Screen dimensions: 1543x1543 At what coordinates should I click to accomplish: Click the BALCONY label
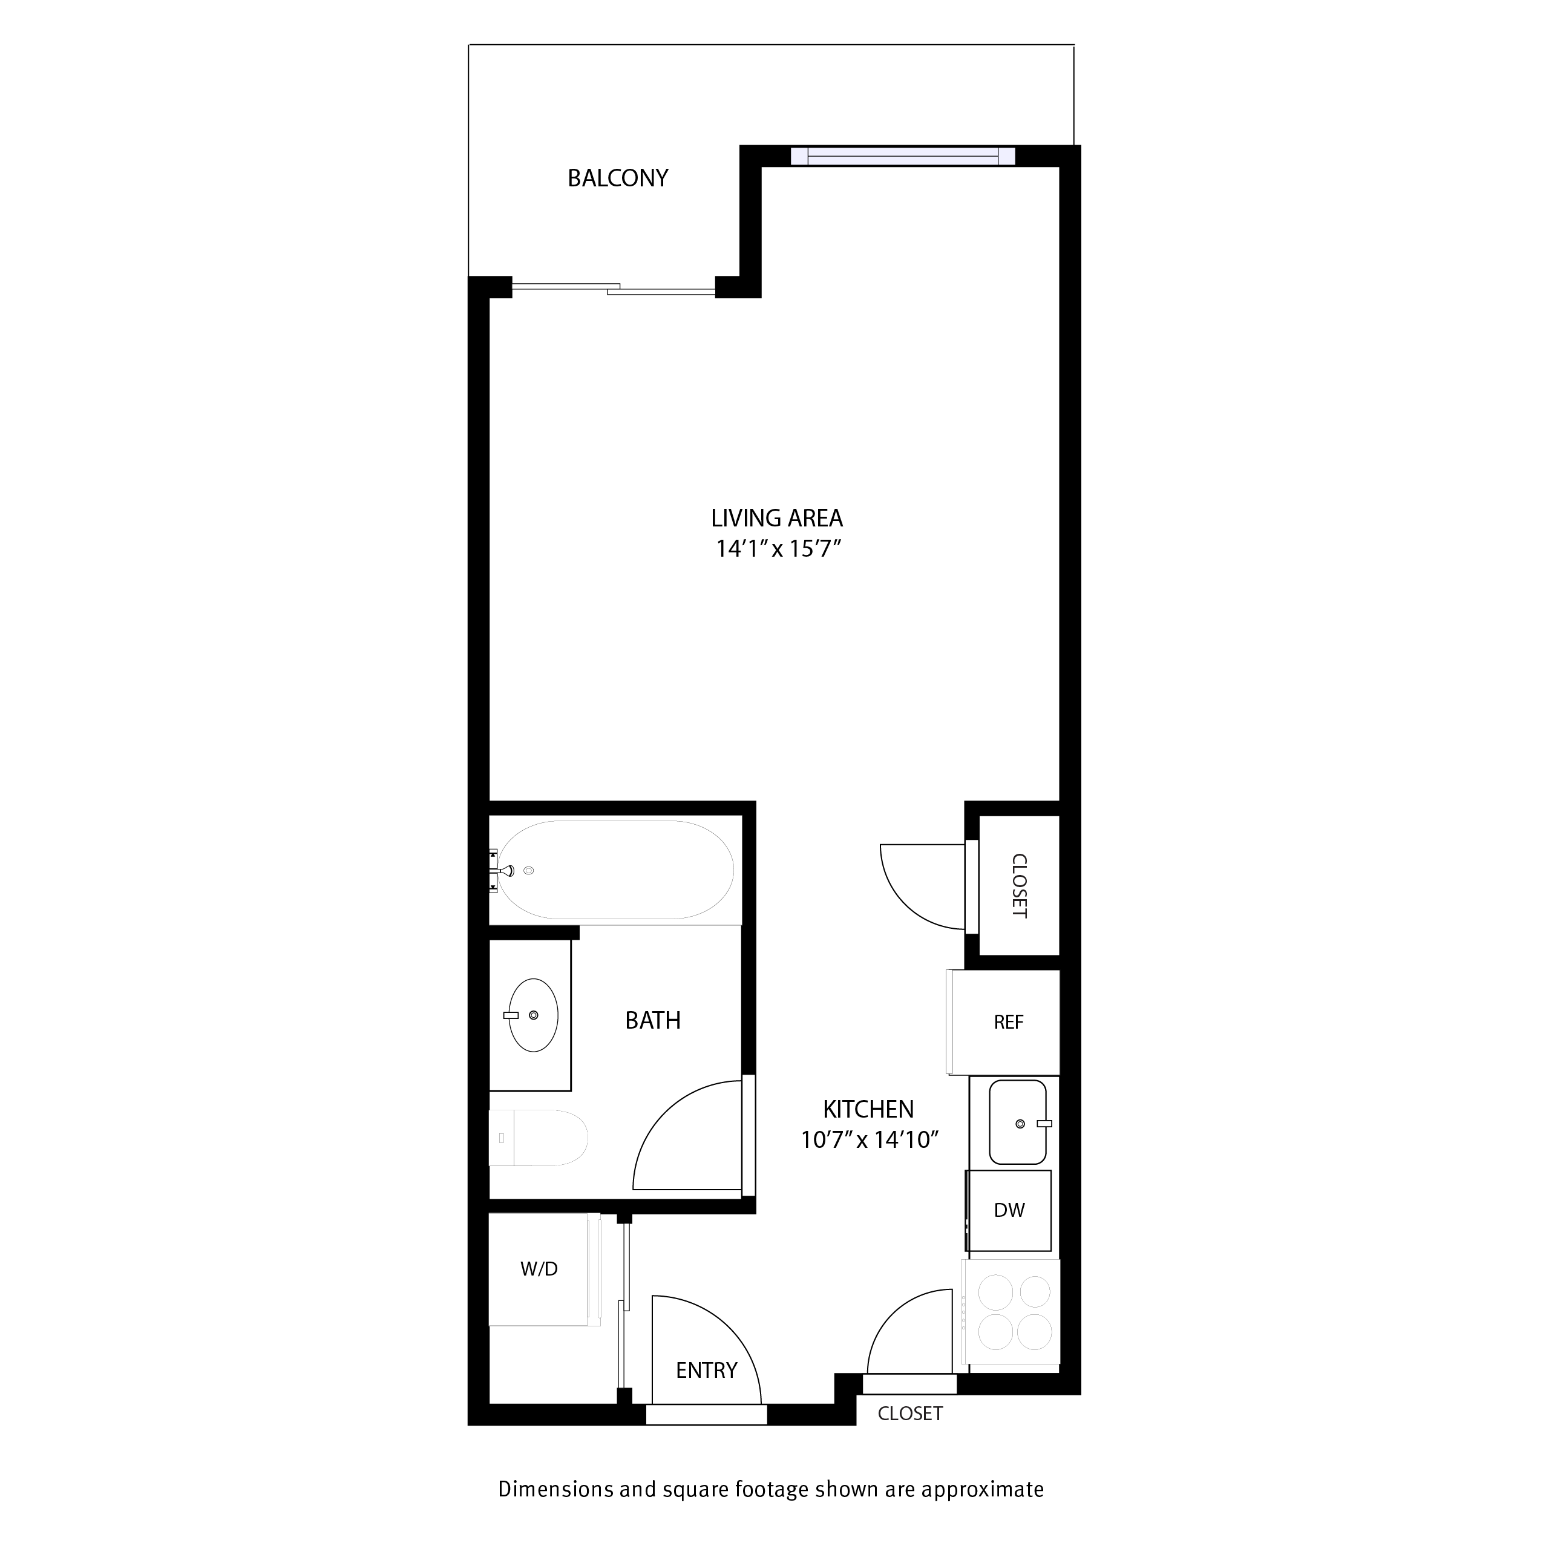pos(617,178)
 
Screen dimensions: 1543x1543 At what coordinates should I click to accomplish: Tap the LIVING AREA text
pos(776,519)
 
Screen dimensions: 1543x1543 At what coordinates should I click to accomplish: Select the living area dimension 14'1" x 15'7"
pos(779,549)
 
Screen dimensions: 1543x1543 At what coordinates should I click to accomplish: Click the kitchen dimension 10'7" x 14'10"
pos(869,1139)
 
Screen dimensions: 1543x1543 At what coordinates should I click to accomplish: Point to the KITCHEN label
pos(868,1109)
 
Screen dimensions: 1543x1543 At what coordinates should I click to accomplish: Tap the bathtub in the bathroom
pos(615,870)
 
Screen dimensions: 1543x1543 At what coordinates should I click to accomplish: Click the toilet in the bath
pos(537,1138)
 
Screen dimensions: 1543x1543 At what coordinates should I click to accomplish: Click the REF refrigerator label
pos(1008,1022)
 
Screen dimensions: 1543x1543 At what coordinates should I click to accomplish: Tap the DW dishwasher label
pos(1009,1211)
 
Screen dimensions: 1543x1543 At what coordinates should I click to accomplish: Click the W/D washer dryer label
pos(539,1269)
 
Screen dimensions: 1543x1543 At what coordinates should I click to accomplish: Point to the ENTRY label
pos(706,1371)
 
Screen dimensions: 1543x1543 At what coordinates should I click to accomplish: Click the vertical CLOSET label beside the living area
pos(1019,886)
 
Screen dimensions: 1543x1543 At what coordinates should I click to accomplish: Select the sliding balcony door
pos(614,289)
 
